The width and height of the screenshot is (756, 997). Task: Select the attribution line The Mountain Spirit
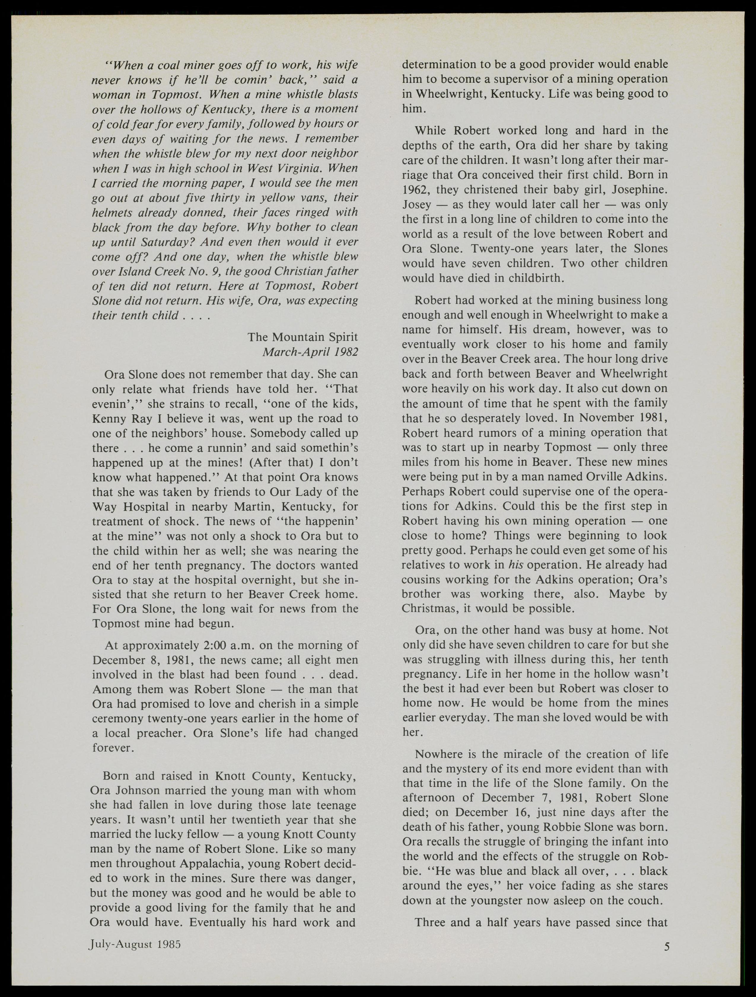pyautogui.click(x=303, y=337)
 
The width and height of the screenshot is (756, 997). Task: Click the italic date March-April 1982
pyautogui.click(x=310, y=351)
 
